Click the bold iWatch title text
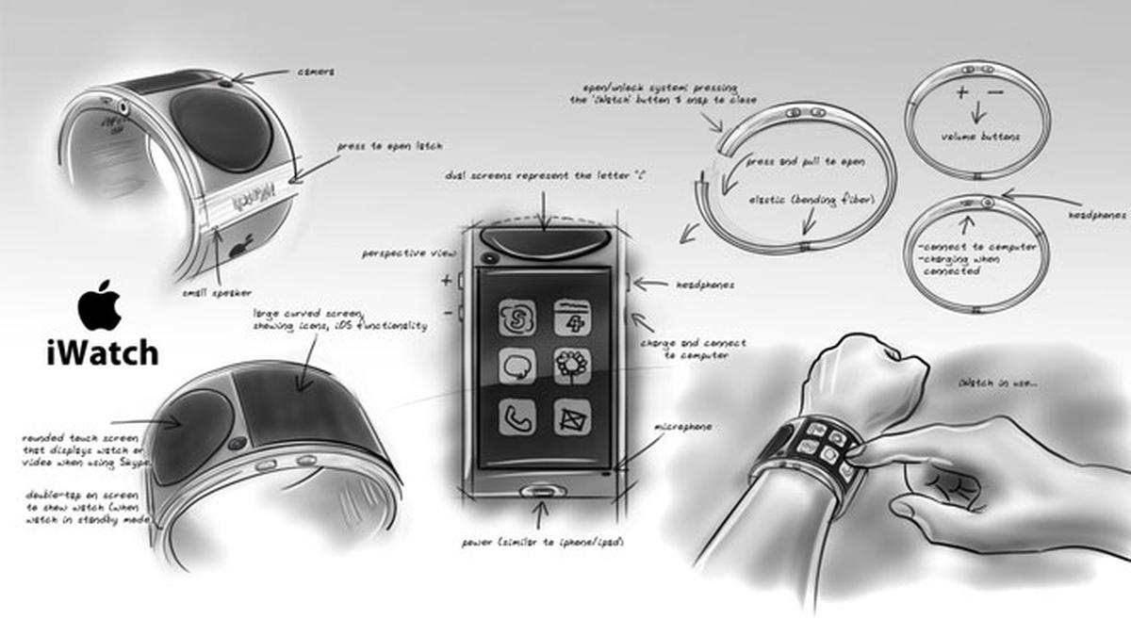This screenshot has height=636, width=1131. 102,353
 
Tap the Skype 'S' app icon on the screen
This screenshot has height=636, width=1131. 517,318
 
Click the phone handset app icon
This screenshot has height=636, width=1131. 517,416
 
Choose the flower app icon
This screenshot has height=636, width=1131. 572,366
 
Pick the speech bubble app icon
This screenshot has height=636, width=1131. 517,367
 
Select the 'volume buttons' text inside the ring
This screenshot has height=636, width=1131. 980,137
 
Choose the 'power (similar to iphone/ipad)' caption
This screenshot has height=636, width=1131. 542,544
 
